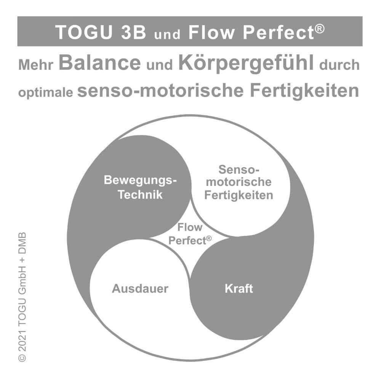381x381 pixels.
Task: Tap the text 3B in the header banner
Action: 133,32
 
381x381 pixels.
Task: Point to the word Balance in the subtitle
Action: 100,63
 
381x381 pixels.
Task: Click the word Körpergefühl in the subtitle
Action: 246,63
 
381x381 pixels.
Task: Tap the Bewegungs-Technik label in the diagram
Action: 140,187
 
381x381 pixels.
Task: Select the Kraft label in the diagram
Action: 239,288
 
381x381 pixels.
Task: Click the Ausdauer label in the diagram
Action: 140,288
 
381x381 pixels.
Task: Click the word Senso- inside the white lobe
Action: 239,169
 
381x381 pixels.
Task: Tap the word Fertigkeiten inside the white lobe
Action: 239,195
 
